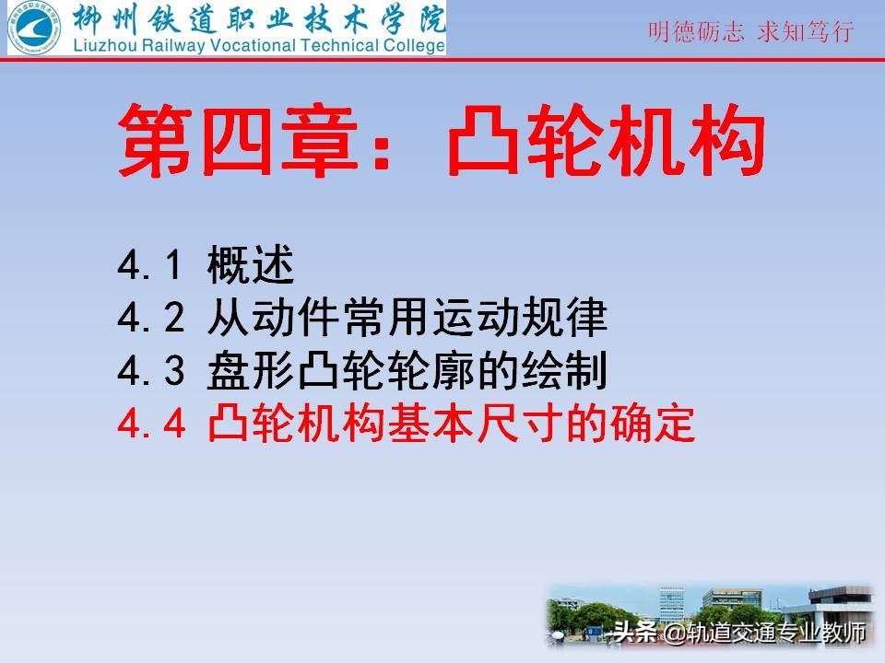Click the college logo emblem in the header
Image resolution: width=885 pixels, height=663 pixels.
32,27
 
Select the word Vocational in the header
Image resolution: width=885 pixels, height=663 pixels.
253,45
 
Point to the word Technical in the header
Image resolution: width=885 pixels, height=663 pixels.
338,45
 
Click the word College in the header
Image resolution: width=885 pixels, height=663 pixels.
412,45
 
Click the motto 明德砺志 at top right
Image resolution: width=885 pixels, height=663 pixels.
697,32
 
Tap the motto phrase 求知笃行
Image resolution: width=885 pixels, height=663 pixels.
806,32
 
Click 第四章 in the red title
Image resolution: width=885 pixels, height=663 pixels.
226,141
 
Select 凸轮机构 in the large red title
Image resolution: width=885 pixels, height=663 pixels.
607,141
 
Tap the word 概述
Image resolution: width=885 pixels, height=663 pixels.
251,267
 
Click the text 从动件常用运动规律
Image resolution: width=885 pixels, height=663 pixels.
407,319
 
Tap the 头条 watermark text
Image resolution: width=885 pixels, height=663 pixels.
634,634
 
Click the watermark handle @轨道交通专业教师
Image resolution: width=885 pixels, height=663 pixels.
765,634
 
